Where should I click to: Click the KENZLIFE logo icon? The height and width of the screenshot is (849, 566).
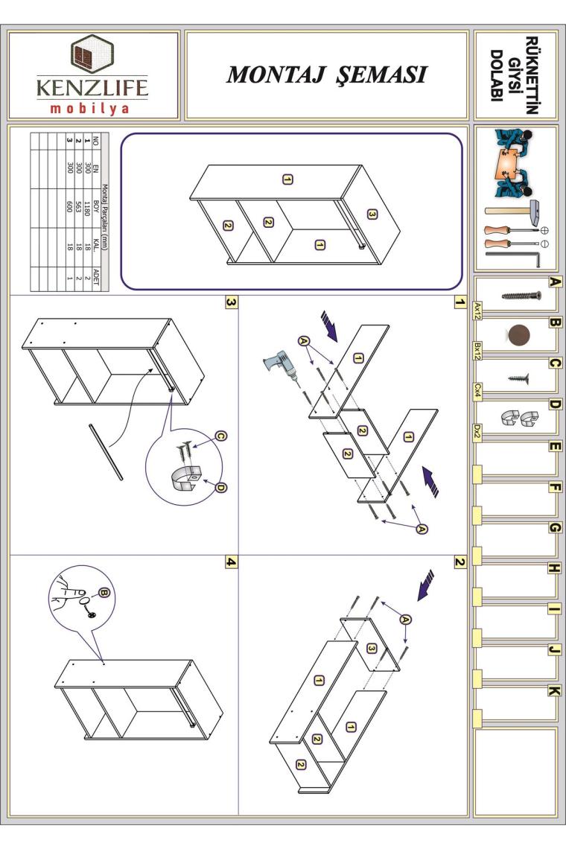pyautogui.click(x=92, y=54)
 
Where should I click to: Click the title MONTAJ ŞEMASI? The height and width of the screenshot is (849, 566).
pyautogui.click(x=327, y=74)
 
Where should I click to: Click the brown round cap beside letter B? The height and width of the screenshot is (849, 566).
pyautogui.click(x=519, y=335)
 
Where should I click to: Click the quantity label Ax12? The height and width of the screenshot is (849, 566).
pyautogui.click(x=477, y=311)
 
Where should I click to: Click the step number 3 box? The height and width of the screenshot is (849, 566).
pyautogui.click(x=232, y=302)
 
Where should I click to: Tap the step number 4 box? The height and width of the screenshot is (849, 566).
pyautogui.click(x=232, y=562)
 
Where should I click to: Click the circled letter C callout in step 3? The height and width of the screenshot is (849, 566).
pyautogui.click(x=220, y=436)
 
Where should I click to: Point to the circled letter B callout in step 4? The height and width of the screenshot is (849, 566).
pyautogui.click(x=104, y=592)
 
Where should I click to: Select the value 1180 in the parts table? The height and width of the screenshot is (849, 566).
pyautogui.click(x=87, y=209)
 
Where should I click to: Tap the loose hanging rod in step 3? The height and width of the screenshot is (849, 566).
pyautogui.click(x=106, y=452)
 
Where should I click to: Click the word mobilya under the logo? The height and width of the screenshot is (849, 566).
pyautogui.click(x=90, y=108)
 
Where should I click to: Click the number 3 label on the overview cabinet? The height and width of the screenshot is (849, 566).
pyautogui.click(x=372, y=214)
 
